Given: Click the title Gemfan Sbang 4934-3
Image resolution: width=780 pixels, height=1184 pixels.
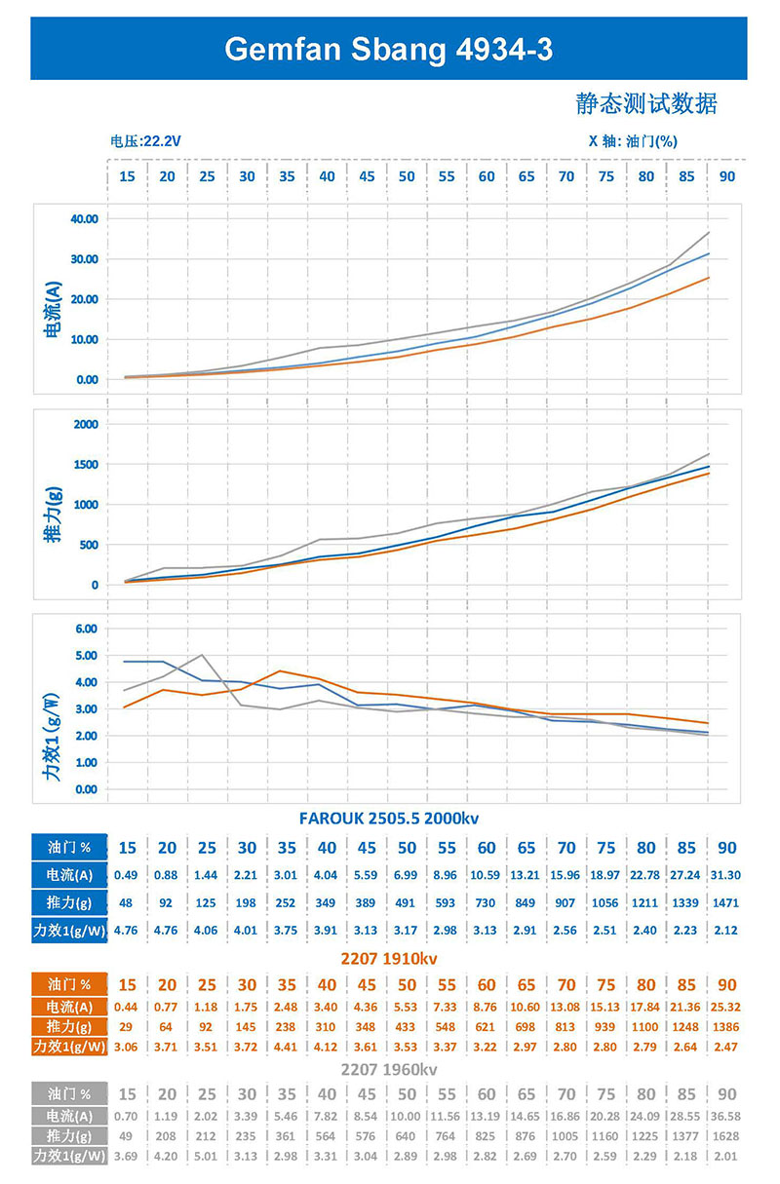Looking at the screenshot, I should [389, 49].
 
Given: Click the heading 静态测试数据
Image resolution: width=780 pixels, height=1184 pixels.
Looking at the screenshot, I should [646, 103].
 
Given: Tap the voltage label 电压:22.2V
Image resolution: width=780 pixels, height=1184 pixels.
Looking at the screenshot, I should [146, 141].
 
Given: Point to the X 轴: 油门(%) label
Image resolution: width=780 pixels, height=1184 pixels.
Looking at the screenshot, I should [633, 141].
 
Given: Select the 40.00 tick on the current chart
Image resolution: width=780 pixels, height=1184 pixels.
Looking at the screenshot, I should [85, 219].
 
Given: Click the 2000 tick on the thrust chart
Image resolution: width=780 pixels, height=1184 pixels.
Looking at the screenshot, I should [86, 424].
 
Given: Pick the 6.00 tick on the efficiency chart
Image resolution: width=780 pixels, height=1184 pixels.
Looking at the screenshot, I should [86, 629].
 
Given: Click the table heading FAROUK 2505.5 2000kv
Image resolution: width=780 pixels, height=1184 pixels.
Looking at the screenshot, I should [389, 818].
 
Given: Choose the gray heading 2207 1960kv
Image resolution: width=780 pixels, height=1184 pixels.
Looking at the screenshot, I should [389, 1069].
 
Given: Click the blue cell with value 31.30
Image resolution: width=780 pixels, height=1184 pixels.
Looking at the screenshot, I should [726, 875].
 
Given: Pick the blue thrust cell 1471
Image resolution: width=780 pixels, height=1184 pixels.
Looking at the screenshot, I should [726, 902].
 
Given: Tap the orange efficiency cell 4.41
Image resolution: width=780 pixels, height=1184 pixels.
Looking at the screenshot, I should [287, 1048].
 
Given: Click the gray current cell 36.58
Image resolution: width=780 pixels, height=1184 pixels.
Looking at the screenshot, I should [726, 1117].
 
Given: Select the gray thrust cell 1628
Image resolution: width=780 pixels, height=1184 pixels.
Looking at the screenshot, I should [726, 1136].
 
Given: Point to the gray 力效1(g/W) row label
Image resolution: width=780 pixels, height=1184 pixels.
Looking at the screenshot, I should [70, 1156].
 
